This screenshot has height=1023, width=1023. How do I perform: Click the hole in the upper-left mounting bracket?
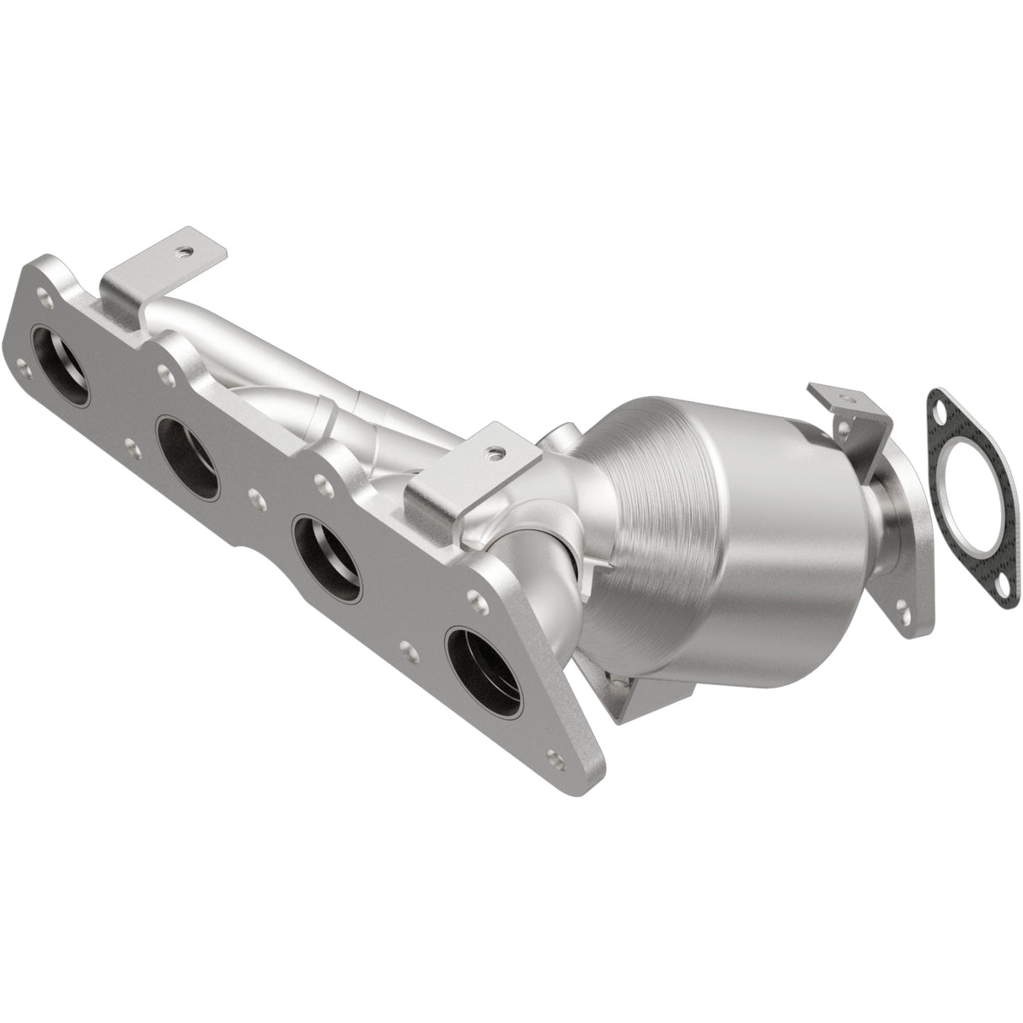click(181, 250)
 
